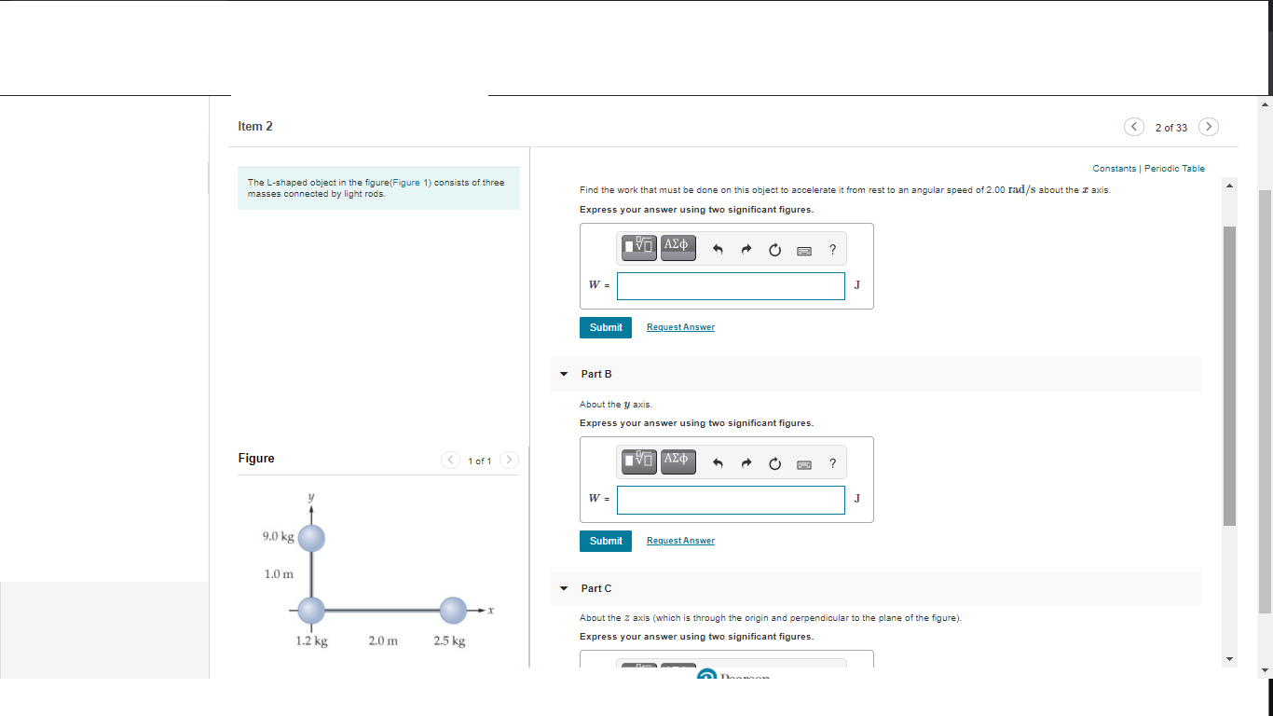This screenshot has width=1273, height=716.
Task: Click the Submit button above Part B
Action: pos(606,327)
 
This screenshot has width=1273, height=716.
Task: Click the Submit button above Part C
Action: pos(606,541)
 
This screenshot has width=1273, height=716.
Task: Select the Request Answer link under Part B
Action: pos(680,541)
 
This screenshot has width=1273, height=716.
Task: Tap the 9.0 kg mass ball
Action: pos(311,537)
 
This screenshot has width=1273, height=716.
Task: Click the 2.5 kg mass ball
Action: pos(453,611)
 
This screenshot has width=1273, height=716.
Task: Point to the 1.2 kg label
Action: pos(311,641)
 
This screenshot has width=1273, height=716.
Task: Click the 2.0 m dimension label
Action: pos(383,641)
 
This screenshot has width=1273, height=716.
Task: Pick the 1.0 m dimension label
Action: pos(278,573)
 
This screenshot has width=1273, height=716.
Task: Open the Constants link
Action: pos(1114,169)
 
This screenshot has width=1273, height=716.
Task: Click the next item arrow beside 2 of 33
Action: pos(1208,127)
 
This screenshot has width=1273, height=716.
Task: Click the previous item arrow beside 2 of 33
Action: pos(1133,127)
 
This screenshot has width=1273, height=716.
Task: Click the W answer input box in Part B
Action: pos(731,500)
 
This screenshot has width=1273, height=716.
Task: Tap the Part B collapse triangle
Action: pos(563,374)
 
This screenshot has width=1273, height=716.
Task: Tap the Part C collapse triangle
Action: pos(563,588)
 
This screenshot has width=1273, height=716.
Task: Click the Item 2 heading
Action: pos(255,126)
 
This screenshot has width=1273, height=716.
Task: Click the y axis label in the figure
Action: pos(311,498)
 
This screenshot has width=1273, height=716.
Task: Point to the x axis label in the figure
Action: pos(490,611)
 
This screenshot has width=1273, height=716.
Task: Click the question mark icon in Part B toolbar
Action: pos(832,462)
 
